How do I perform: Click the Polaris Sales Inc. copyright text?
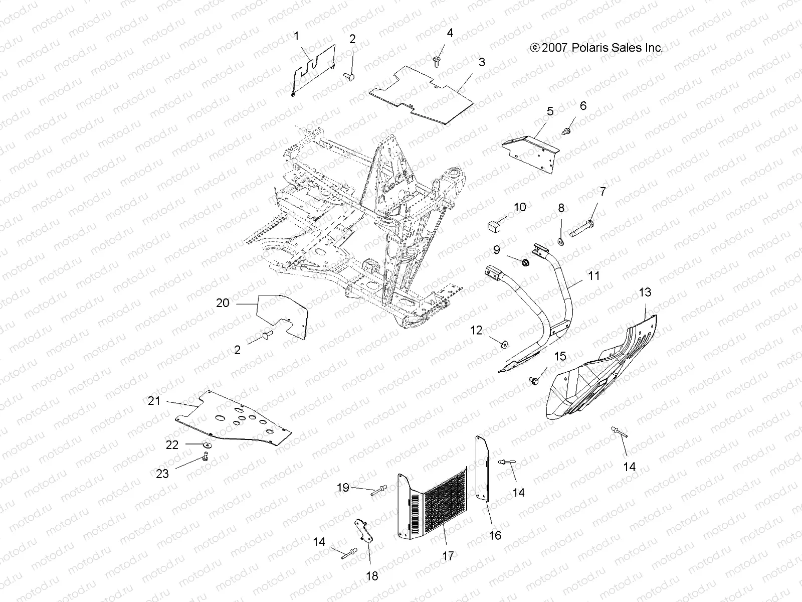596,48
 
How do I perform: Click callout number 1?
296,36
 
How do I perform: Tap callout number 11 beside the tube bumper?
593,276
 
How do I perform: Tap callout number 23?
162,473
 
